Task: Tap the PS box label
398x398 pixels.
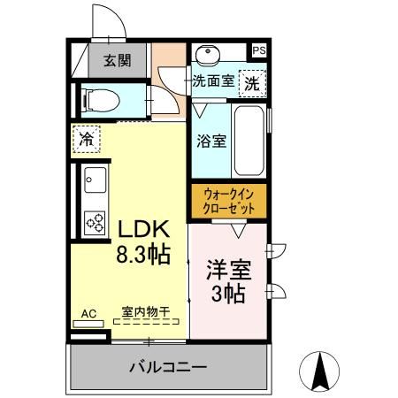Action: pyautogui.click(x=259, y=50)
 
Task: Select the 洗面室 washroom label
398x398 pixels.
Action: pyautogui.click(x=213, y=82)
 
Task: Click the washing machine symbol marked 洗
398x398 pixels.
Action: pyautogui.click(x=253, y=84)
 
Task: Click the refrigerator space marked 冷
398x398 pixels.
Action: pyautogui.click(x=87, y=139)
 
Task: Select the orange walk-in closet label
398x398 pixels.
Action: pyautogui.click(x=228, y=200)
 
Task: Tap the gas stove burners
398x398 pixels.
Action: pyautogui.click(x=93, y=221)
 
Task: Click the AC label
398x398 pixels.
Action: pyautogui.click(x=88, y=312)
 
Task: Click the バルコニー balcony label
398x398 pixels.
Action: pyautogui.click(x=168, y=366)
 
